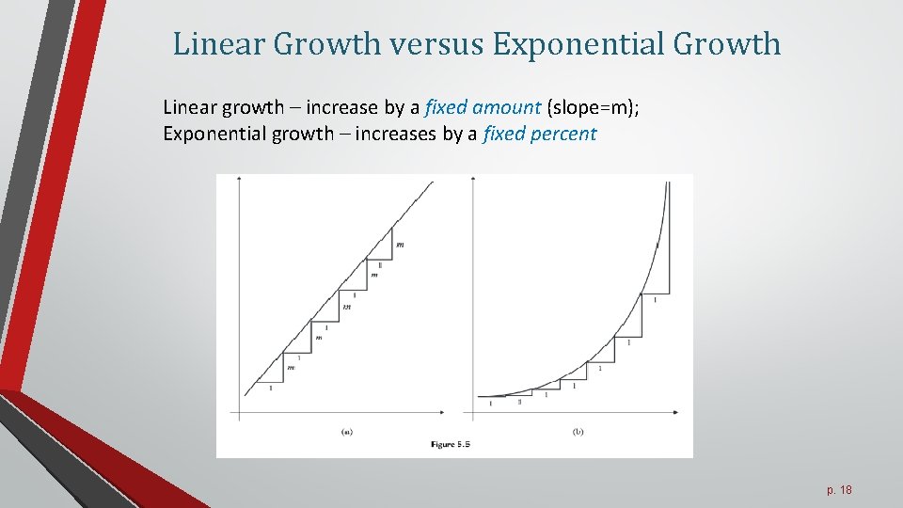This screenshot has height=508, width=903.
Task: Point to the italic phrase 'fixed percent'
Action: click(x=539, y=134)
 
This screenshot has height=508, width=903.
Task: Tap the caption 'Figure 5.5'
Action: click(x=450, y=443)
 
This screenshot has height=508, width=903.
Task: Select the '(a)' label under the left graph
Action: click(x=346, y=432)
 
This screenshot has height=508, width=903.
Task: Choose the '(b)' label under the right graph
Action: click(x=578, y=432)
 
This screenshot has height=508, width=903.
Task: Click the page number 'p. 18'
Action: click(x=838, y=490)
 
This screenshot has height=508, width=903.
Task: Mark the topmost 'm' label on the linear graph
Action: click(x=401, y=245)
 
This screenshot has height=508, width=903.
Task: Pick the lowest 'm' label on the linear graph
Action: click(x=291, y=368)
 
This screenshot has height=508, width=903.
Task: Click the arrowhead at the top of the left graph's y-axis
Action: click(x=241, y=179)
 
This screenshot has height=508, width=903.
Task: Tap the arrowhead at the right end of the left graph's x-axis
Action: click(x=444, y=412)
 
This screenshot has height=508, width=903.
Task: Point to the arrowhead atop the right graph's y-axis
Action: click(x=473, y=179)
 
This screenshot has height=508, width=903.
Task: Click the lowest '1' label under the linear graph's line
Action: click(x=271, y=388)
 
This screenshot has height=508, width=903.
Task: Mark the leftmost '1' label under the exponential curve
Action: click(x=491, y=403)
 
